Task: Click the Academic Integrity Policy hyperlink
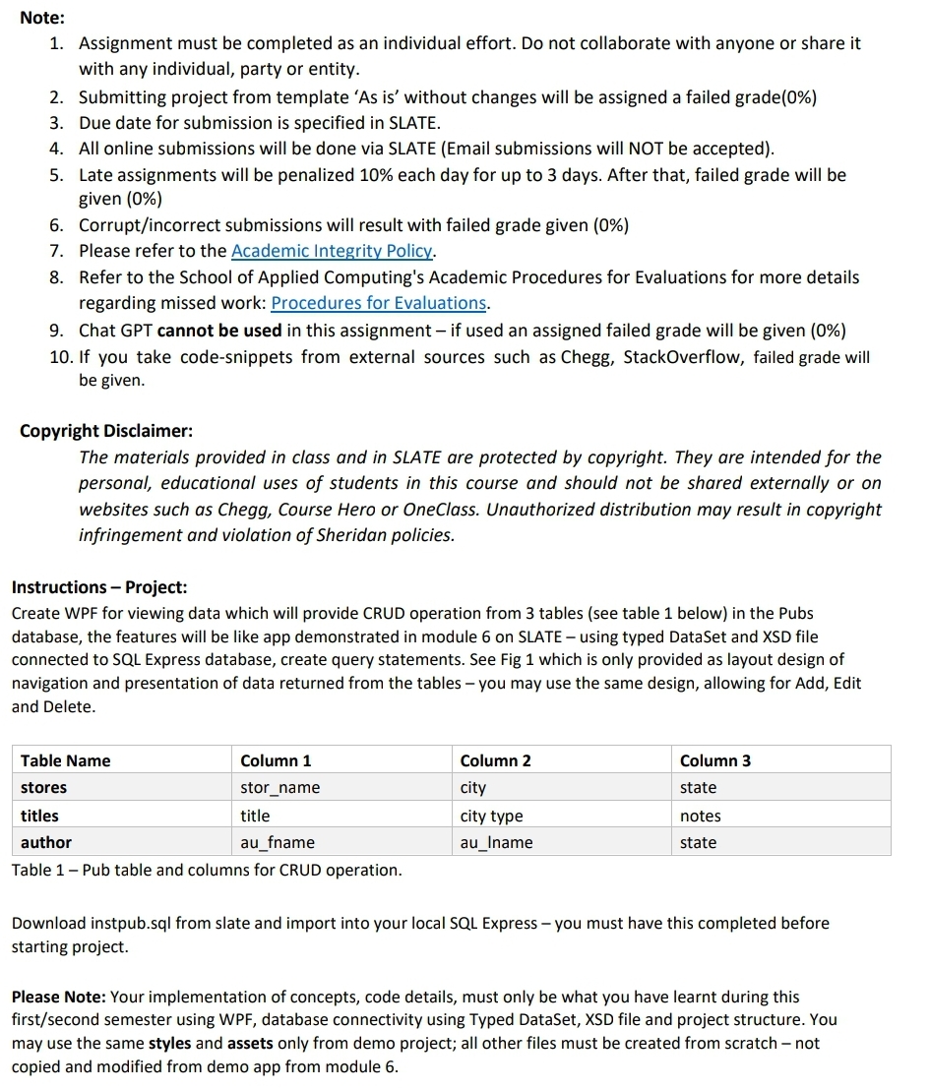[x=334, y=251]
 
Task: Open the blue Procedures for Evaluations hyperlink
[x=379, y=303]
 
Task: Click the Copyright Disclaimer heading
[x=106, y=431]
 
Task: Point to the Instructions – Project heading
[x=98, y=587]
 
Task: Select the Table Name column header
[x=66, y=760]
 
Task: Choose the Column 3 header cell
[x=714, y=760]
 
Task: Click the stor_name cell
[x=279, y=788]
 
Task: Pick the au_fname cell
[x=278, y=843]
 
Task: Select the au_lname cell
[x=496, y=843]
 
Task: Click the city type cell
[x=491, y=817]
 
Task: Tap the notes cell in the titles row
[x=700, y=817]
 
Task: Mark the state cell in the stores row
[x=698, y=788]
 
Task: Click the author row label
[x=46, y=843]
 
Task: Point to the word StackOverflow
[x=685, y=357]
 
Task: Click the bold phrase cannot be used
[x=219, y=330]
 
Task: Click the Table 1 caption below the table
[x=207, y=871]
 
